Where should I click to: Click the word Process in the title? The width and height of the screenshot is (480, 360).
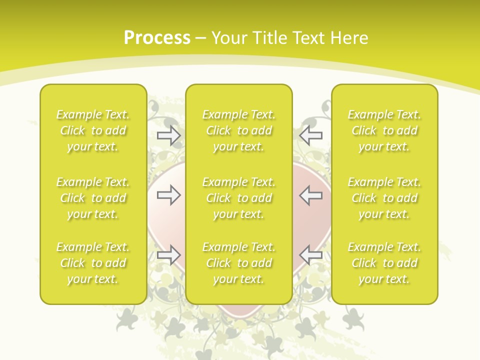pos(157,38)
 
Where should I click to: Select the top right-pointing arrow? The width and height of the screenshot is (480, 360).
pos(168,135)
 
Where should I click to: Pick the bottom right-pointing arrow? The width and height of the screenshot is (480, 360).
pos(168,254)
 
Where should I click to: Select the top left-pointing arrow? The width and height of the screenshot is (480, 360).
pos(311,135)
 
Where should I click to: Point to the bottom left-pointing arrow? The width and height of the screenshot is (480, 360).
pos(311,254)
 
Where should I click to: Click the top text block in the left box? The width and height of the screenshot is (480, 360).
pos(93,130)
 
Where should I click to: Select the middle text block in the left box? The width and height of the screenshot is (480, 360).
pos(93,198)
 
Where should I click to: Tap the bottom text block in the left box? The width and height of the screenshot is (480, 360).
pos(93,263)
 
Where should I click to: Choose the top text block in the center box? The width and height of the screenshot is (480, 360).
pos(239,130)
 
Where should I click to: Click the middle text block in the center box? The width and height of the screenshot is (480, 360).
pos(239,198)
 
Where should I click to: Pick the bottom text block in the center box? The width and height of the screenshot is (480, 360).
pos(239,263)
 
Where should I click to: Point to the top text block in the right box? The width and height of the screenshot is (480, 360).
pos(384,130)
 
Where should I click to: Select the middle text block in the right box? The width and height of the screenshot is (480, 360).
pos(384,198)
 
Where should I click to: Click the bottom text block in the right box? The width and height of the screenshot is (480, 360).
pos(384,263)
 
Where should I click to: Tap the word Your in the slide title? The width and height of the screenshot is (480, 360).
pos(229,38)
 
